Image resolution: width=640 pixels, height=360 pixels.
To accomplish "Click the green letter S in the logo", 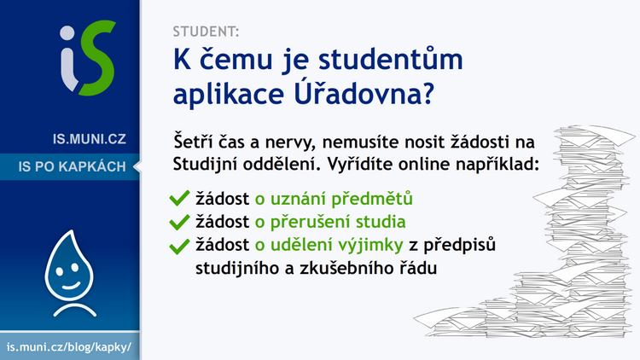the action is point(97,58).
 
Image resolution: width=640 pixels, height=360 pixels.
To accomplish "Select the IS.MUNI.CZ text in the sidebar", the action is point(89,139).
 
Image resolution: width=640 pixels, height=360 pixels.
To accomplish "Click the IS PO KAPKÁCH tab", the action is point(72,166).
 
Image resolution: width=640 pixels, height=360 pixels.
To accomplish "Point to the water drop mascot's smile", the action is point(71,285).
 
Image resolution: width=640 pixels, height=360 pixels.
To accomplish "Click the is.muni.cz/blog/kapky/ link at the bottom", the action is point(69,347).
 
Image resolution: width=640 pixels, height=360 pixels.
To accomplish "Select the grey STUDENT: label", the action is point(206,32).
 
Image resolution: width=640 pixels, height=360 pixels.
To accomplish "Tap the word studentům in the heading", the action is point(391,59).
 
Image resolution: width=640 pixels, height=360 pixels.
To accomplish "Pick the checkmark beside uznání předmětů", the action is point(179,199).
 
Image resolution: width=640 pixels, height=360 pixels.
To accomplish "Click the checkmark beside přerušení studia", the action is point(179,222).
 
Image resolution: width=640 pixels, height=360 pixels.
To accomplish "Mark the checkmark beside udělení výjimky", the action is point(179,246).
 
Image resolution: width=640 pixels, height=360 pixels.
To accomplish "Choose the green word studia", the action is point(381,222).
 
